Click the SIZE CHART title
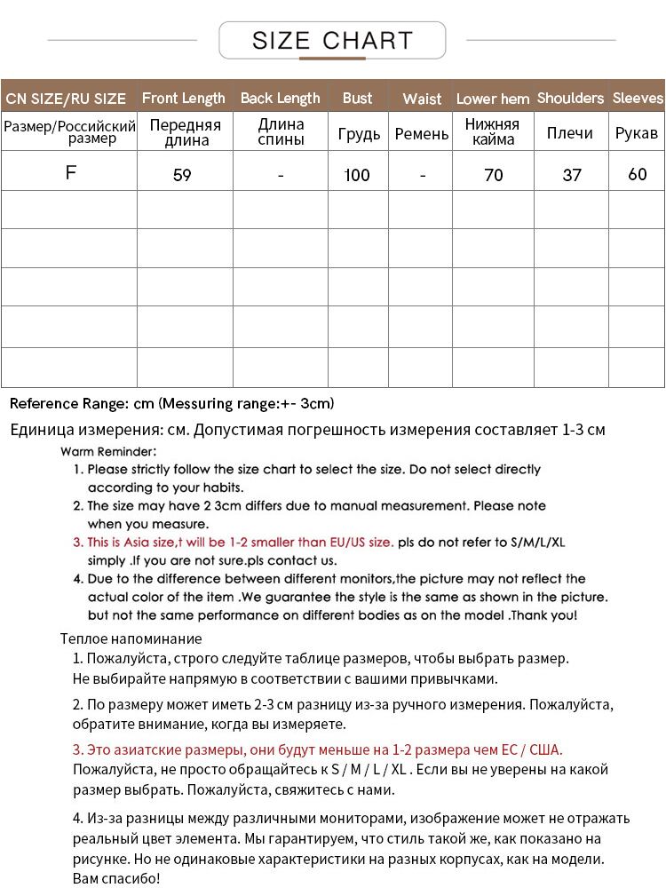332,41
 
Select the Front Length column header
184,98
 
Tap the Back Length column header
280,98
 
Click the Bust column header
357,98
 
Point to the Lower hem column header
493,99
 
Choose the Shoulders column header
570,98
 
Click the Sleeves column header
638,98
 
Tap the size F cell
71,172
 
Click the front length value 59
182,175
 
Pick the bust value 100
357,175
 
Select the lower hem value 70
494,175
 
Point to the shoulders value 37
572,175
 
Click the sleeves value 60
638,174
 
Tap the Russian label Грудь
359,133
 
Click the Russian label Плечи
570,132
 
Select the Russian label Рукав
637,132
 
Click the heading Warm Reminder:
108,451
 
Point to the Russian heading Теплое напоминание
131,638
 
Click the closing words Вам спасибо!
115,878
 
